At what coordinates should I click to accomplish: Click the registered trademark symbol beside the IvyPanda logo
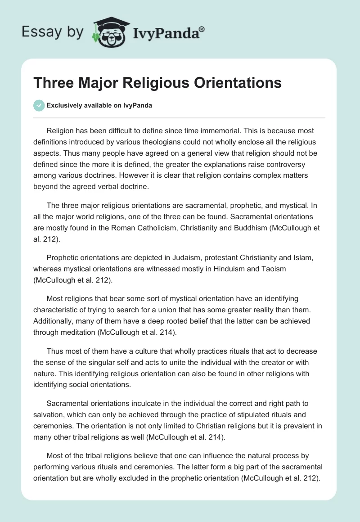(202, 29)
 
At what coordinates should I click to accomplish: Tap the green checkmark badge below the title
(39, 106)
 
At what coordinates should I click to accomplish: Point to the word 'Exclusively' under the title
(63, 106)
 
